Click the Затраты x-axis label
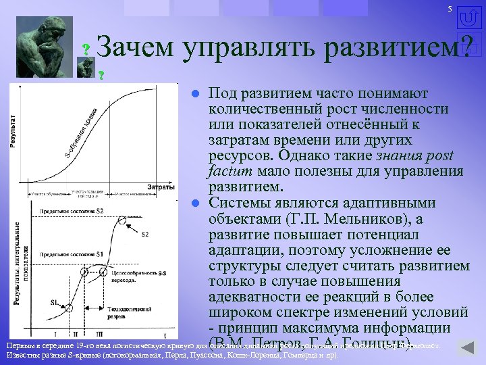tap(160, 186)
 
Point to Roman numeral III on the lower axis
tap(99, 334)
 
